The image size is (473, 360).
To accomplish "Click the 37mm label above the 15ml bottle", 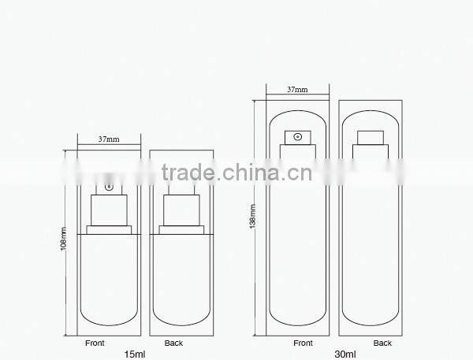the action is click(x=109, y=139).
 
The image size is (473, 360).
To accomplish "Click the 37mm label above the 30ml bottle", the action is click(x=297, y=90).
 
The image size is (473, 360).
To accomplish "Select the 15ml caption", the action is click(x=136, y=354).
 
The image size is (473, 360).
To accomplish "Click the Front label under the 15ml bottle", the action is click(x=95, y=343).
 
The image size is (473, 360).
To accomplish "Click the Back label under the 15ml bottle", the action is click(x=173, y=343).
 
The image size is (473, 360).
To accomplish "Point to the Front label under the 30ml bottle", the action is click(x=303, y=343).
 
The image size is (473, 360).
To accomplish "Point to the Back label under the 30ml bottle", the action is click(x=382, y=343).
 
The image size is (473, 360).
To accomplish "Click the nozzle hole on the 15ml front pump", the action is click(x=109, y=187).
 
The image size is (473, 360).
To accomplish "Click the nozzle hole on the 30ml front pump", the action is click(x=297, y=137).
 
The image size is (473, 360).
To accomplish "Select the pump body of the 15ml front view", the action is click(x=109, y=211).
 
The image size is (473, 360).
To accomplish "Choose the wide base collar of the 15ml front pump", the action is click(x=109, y=231).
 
